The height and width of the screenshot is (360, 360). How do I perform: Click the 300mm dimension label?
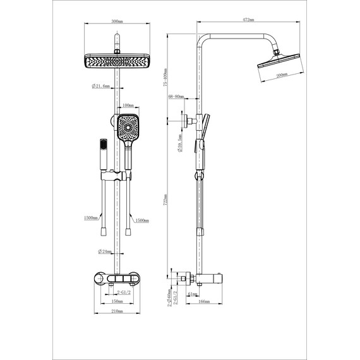(116, 22)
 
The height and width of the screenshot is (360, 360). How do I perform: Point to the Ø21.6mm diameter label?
(101, 87)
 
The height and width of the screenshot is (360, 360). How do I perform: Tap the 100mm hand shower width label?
(128, 105)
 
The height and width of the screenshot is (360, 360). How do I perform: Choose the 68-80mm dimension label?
(176, 97)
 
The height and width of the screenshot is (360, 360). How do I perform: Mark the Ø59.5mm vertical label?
(180, 143)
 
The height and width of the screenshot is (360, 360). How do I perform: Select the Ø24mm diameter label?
(105, 251)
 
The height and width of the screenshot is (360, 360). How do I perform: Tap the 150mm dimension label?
(116, 301)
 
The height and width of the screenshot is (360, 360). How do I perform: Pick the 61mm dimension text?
(193, 293)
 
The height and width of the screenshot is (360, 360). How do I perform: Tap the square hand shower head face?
(129, 129)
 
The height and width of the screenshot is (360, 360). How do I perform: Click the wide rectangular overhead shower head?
(116, 61)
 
